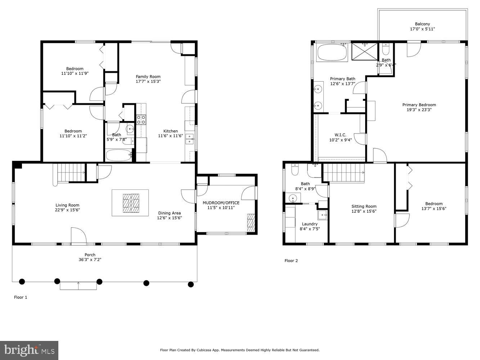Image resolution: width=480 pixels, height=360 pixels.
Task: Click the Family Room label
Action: pos(148,76)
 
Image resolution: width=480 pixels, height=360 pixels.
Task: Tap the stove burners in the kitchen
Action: pos(141,120)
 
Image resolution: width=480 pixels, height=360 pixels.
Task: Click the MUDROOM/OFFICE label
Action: pos(221,203)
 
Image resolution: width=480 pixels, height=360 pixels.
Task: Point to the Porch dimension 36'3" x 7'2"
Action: pos(90,260)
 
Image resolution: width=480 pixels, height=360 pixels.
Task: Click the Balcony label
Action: pos(422,24)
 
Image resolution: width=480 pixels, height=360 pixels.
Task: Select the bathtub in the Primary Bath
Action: pos(332,53)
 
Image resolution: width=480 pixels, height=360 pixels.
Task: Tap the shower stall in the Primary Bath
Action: pos(364,51)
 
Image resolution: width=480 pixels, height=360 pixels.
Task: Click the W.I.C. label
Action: pos(340,135)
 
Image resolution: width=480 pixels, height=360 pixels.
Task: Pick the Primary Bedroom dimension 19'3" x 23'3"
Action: pos(419,110)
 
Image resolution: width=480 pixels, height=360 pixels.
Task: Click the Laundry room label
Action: pos(310,224)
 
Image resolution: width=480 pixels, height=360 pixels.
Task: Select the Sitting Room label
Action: pos(364,206)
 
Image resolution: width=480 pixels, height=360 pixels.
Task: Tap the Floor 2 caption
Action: pos(291,261)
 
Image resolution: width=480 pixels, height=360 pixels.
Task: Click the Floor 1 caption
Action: pos(21,297)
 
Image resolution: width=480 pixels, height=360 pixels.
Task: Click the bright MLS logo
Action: pos(30,350)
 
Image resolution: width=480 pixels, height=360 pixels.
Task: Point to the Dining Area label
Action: pos(169,213)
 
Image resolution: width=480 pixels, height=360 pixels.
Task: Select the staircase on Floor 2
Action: pos(343,172)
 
